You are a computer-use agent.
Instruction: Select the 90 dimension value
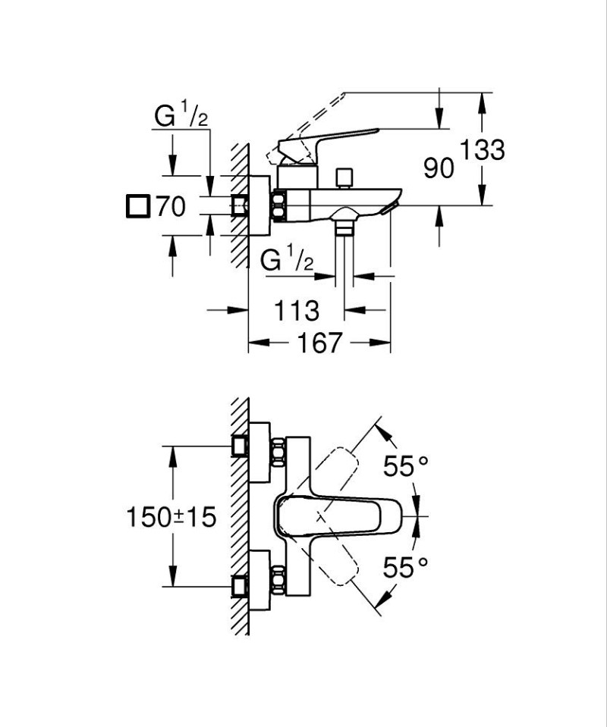coord(439,168)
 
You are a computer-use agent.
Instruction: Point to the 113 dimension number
coord(295,310)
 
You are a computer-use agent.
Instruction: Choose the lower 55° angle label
coord(405,567)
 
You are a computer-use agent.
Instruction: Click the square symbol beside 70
coord(137,206)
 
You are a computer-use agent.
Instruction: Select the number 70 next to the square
coord(171,206)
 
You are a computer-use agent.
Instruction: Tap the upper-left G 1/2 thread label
coord(181,116)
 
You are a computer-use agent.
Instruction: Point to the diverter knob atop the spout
coord(346,177)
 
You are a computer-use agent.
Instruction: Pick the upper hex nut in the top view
coord(277,452)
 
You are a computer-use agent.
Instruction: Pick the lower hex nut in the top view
coord(277,580)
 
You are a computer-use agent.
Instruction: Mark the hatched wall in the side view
coord(240,205)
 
